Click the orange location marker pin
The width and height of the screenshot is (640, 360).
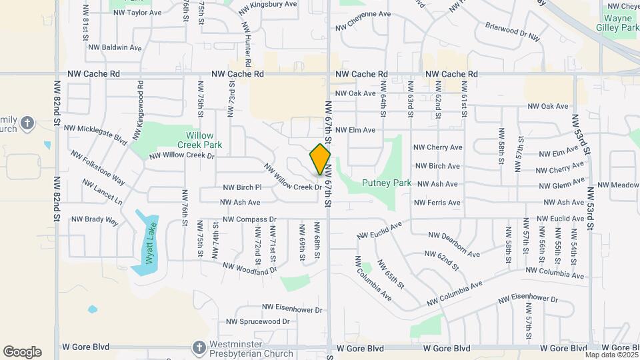point(321,159)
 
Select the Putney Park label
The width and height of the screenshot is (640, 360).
point(377,183)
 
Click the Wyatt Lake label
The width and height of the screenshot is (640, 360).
point(150,243)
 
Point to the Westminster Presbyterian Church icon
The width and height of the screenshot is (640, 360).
point(199,347)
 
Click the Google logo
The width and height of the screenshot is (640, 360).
point(22,352)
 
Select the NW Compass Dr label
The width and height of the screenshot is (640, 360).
point(249,219)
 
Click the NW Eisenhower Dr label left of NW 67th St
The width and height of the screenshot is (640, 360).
point(292,309)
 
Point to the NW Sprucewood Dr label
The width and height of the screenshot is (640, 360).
point(257,321)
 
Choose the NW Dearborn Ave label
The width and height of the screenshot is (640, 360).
point(454,244)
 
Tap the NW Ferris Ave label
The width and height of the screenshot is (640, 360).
point(437,203)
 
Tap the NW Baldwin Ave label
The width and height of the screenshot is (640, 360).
point(117,48)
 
